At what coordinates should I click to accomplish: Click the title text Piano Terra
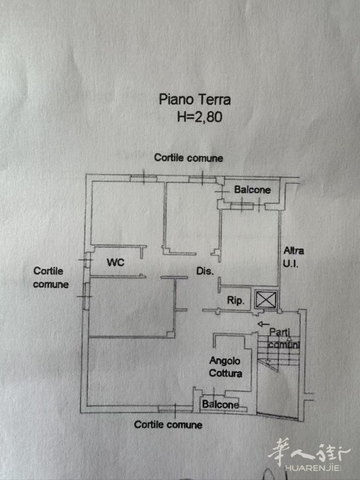point(194,100)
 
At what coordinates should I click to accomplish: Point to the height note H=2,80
point(200,116)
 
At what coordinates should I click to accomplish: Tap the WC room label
point(115,262)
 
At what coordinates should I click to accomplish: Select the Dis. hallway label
point(205,271)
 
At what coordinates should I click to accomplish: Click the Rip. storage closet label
point(236,301)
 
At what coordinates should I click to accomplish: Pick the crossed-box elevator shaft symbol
point(266,299)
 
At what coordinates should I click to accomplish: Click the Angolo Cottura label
point(226,367)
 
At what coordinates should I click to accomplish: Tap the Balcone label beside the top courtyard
point(252,190)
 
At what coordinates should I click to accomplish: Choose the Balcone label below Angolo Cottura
point(220,404)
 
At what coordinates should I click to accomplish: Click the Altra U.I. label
point(293,257)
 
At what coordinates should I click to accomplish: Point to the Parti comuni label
point(284,338)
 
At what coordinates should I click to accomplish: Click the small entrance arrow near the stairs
point(263,324)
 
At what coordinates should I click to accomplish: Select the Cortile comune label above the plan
point(188,158)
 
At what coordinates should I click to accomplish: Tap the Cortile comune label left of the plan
point(51,278)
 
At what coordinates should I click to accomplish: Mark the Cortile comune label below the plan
point(168,425)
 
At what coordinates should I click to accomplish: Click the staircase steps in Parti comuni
point(278,352)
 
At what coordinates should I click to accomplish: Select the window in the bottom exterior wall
point(175,409)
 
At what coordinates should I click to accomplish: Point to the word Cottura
point(226,373)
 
